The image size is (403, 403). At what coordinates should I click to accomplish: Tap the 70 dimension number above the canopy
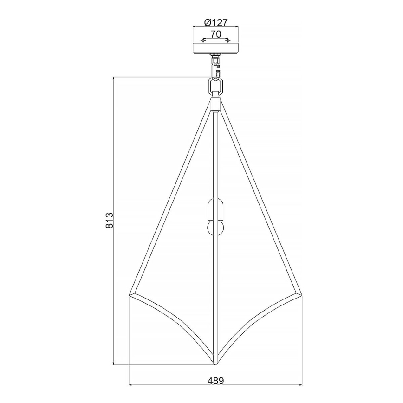point(215,33)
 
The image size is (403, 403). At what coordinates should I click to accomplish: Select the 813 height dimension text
point(109,220)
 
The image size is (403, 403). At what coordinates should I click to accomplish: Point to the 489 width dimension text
point(216,381)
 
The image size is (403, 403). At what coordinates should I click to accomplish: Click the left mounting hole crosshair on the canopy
point(203,41)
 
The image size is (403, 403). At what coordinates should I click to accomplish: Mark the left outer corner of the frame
point(129,294)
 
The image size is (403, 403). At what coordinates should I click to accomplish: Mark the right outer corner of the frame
point(301,294)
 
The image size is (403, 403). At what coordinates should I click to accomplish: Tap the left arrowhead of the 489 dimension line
point(130,385)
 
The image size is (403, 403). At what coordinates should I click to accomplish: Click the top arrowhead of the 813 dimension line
point(114,78)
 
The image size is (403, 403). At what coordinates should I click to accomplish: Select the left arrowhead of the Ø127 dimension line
point(194,28)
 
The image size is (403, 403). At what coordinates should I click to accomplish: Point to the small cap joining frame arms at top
point(215,103)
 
